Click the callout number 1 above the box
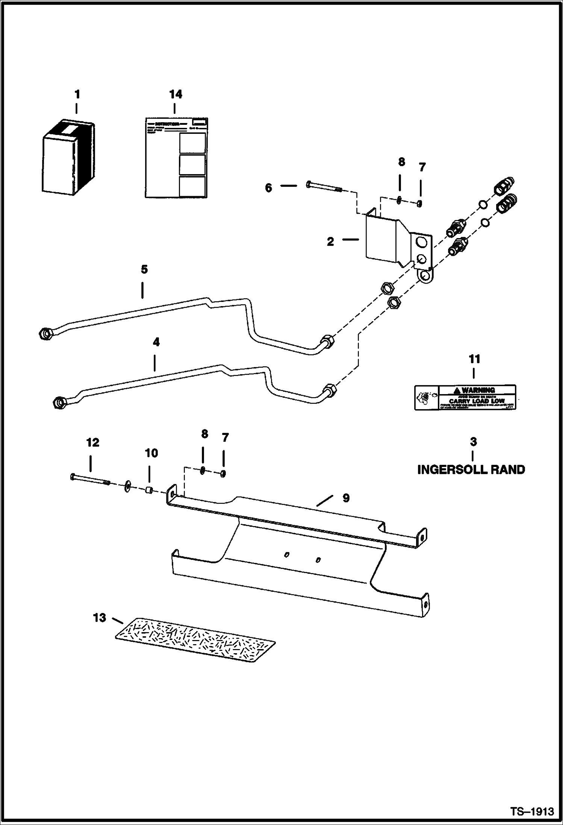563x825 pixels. (x=77, y=94)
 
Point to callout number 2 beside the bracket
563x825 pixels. (x=330, y=241)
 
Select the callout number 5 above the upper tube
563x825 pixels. (x=144, y=269)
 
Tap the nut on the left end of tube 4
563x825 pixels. (x=60, y=402)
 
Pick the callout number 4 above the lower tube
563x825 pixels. (x=156, y=342)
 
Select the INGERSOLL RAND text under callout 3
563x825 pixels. (x=471, y=469)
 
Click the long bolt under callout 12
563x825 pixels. (x=89, y=479)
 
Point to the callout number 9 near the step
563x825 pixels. (x=346, y=498)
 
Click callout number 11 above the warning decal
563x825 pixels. (x=474, y=359)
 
